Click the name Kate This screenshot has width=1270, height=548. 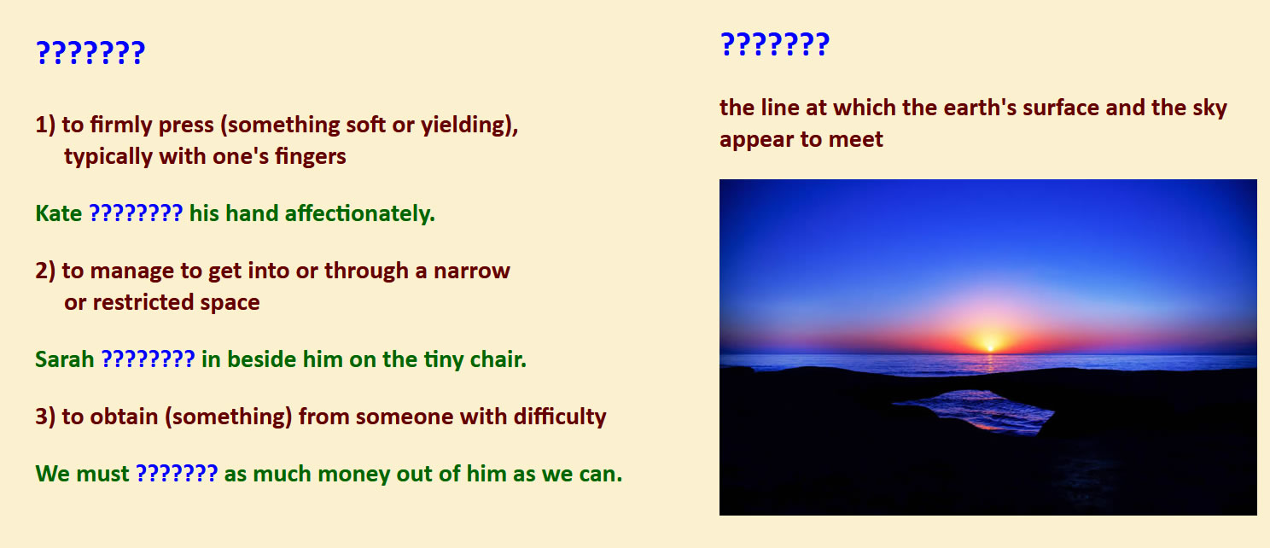[x=58, y=213]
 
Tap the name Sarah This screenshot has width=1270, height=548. [x=65, y=359]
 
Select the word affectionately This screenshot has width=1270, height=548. [x=359, y=213]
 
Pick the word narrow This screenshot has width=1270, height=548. [x=472, y=271]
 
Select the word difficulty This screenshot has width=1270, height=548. [x=560, y=417]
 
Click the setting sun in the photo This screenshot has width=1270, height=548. [x=990, y=344]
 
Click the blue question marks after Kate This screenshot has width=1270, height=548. [x=136, y=213]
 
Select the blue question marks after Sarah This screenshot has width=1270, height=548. [x=148, y=359]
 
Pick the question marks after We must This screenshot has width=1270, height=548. [x=177, y=474]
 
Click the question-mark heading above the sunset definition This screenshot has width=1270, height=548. [x=774, y=44]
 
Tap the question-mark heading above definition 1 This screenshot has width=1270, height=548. [x=90, y=53]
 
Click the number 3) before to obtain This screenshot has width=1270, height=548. [x=45, y=417]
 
